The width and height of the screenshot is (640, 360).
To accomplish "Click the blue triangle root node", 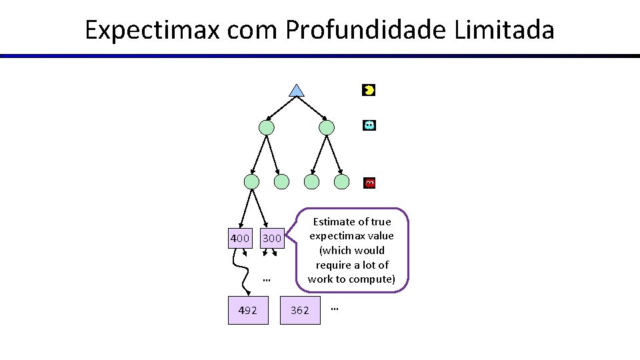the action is point(297,91).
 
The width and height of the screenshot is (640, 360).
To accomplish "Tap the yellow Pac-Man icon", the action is point(369,90).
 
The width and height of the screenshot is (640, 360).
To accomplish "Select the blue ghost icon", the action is point(369,125).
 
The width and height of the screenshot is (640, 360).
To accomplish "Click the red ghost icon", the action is point(370,183).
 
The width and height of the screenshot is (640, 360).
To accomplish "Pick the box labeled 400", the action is point(239,238).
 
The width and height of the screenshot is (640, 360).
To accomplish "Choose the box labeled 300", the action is point(272,238).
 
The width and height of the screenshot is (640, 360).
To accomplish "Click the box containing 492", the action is point(248,310).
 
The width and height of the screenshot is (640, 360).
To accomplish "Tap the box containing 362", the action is point(300,310).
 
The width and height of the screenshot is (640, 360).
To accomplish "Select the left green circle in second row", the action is point(266,127).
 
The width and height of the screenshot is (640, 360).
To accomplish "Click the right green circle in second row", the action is point(327,127).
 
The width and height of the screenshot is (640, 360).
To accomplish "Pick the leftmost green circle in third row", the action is point(251,182).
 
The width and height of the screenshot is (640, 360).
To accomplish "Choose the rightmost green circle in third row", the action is point(341,182).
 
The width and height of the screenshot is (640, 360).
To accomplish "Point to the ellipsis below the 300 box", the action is point(266,280).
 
